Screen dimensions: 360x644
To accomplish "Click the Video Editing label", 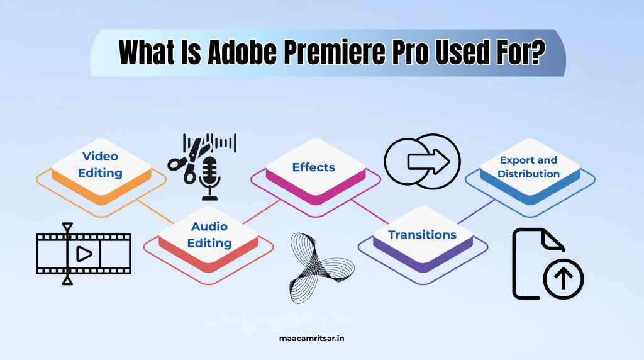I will point(101,164).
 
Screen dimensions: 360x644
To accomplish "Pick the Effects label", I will point(314,167).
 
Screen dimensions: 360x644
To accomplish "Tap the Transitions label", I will point(422,235).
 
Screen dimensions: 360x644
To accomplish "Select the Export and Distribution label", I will point(528,167).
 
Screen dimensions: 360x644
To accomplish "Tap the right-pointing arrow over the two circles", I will point(429,162).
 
